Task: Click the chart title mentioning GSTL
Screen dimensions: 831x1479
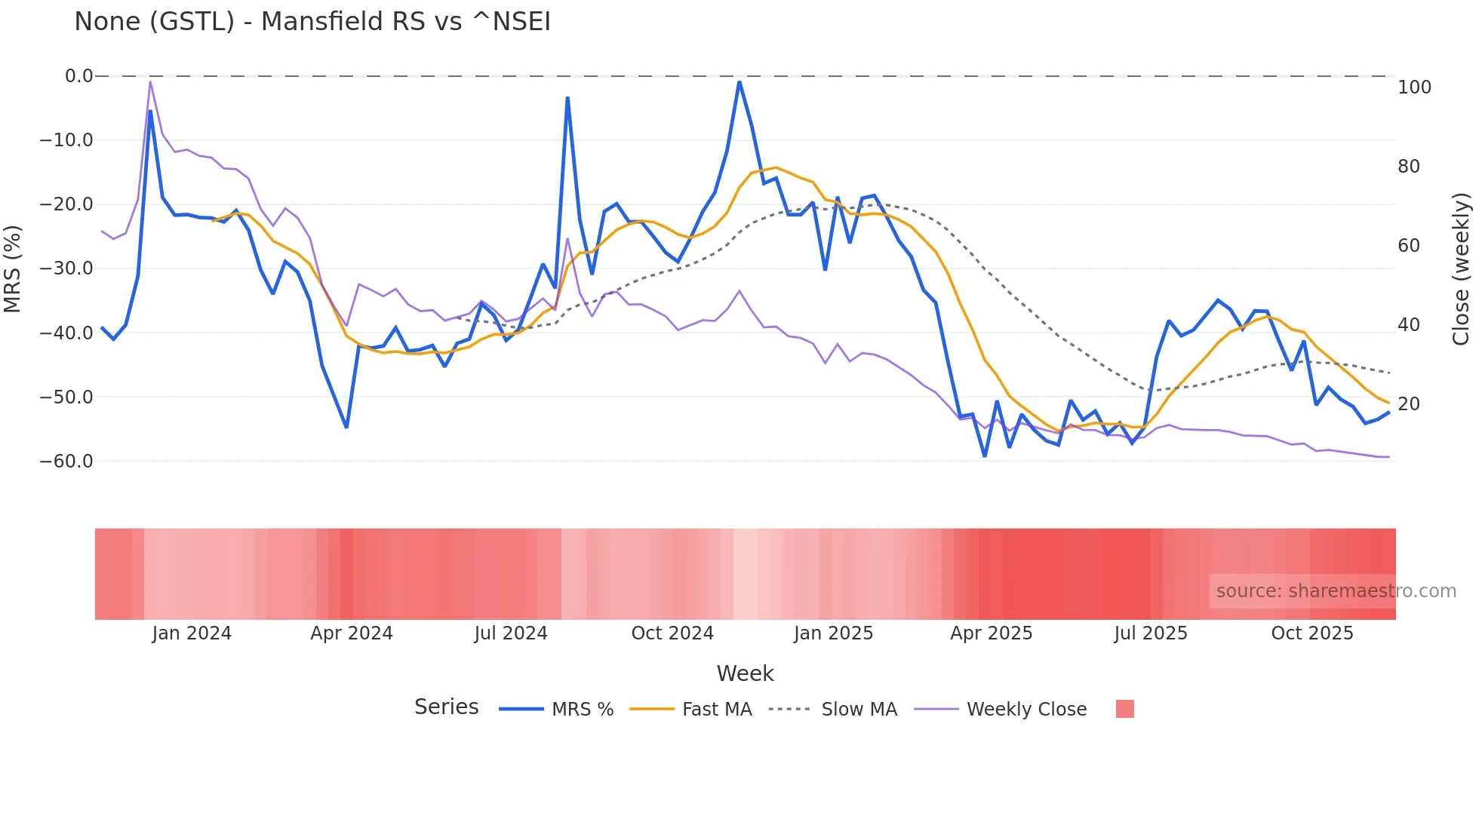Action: point(312,21)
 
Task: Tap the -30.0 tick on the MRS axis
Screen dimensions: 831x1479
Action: point(66,268)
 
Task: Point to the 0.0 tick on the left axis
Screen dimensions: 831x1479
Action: point(78,76)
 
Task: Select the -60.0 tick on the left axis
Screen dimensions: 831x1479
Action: point(66,461)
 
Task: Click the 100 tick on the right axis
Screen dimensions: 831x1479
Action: point(1414,87)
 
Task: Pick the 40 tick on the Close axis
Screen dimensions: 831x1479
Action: point(1408,325)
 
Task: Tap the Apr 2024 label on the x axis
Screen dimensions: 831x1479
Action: point(352,633)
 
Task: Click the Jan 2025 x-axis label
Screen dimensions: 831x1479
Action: point(833,633)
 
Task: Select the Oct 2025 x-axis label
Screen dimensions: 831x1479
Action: point(1312,633)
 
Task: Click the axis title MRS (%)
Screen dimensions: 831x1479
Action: point(13,268)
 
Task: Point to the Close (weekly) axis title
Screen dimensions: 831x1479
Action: point(1462,268)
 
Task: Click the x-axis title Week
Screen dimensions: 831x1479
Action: point(745,673)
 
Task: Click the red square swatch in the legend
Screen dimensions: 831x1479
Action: point(1124,709)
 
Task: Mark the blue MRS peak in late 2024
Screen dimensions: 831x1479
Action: point(739,82)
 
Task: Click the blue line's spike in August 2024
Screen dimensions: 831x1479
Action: point(567,98)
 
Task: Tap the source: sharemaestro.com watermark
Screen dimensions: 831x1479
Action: point(1336,591)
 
